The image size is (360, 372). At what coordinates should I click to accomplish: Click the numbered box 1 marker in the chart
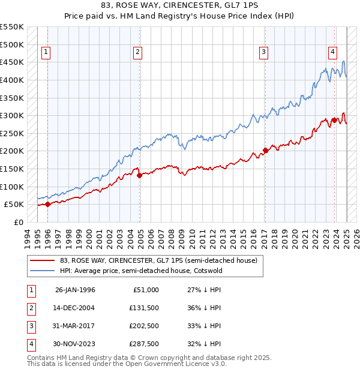click(x=46, y=53)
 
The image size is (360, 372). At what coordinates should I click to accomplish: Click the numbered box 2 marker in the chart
click(x=137, y=53)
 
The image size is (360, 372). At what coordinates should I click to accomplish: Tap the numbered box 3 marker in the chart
click(x=263, y=53)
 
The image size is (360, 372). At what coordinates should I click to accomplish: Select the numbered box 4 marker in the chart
click(x=332, y=52)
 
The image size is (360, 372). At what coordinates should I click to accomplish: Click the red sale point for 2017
click(x=265, y=150)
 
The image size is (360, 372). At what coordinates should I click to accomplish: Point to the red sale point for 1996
click(x=47, y=204)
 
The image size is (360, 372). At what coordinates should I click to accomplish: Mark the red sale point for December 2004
click(x=139, y=175)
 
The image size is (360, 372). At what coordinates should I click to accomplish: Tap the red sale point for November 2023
click(x=334, y=120)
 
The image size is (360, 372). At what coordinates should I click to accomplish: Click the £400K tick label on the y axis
click(x=12, y=80)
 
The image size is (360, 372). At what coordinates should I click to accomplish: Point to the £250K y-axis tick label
click(x=12, y=133)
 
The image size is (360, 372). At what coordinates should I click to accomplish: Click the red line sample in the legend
click(x=42, y=260)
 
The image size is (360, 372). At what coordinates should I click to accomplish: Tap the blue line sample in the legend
click(x=42, y=270)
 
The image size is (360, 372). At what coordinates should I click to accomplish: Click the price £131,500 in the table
click(x=144, y=308)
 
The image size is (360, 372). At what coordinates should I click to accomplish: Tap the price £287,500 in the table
click(x=144, y=344)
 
